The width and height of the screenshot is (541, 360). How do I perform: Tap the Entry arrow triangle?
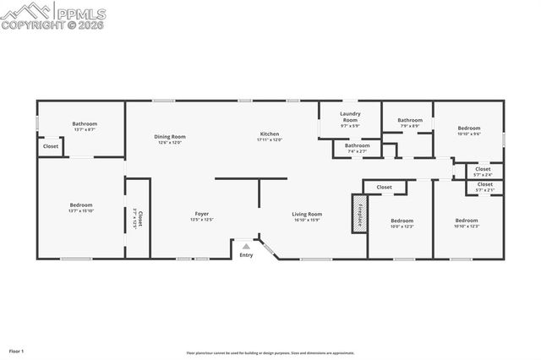(x=246, y=246)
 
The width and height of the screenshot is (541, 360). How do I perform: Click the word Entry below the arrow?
(x=246, y=254)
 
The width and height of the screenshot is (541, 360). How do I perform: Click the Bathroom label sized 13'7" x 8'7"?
(x=85, y=126)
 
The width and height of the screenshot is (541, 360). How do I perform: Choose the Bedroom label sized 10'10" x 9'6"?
(x=468, y=130)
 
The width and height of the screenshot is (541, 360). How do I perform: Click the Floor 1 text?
(x=17, y=350)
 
